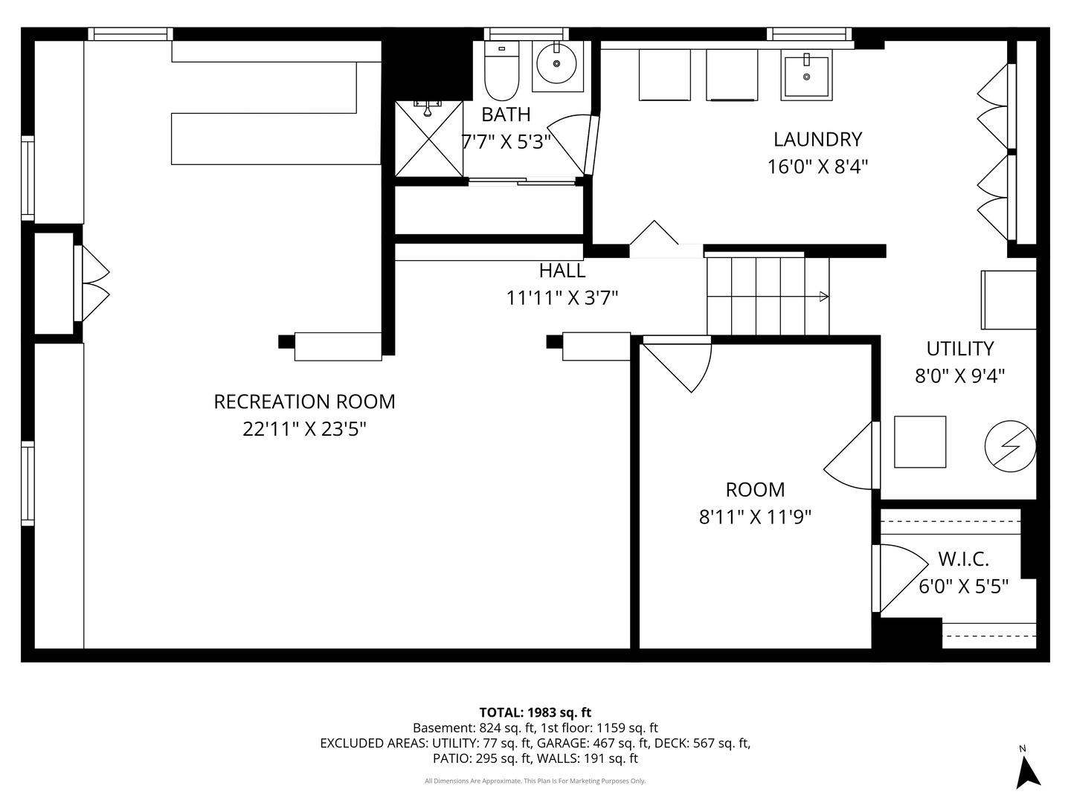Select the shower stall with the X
428,139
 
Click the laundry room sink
806,76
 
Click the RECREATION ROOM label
304,401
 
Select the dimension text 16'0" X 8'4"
817,166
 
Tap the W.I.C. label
963,559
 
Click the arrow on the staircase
823,297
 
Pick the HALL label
562,271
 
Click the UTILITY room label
959,348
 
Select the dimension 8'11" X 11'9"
755,516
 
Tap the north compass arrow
1028,771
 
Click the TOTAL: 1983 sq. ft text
535,712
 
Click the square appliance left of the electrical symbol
920,442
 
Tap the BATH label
506,115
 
